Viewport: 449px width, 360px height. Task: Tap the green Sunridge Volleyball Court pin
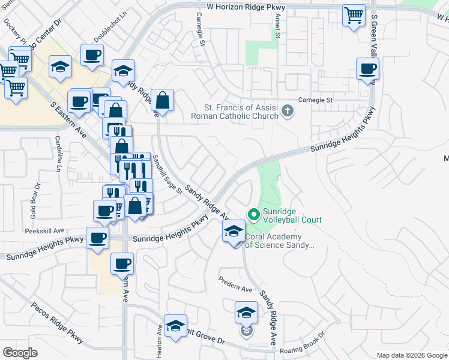tap(253, 214)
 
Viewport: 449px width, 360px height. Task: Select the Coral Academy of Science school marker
tap(233, 231)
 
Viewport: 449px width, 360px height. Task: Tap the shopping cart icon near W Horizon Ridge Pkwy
tap(354, 16)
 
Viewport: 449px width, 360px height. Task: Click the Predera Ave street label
tap(235, 283)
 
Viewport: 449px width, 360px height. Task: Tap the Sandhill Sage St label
tap(166, 174)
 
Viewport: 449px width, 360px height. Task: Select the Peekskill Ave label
tap(44, 230)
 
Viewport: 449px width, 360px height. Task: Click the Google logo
tap(20, 353)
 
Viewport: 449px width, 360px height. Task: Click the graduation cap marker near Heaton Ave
tap(175, 326)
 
